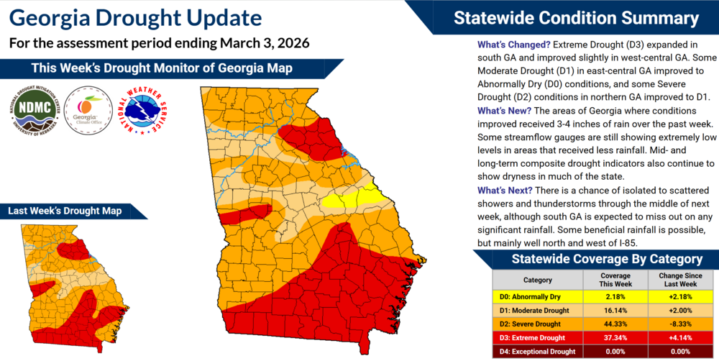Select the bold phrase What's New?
tap(504, 111)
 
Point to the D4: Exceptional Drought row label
tap(537, 352)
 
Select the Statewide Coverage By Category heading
tap(596, 259)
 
